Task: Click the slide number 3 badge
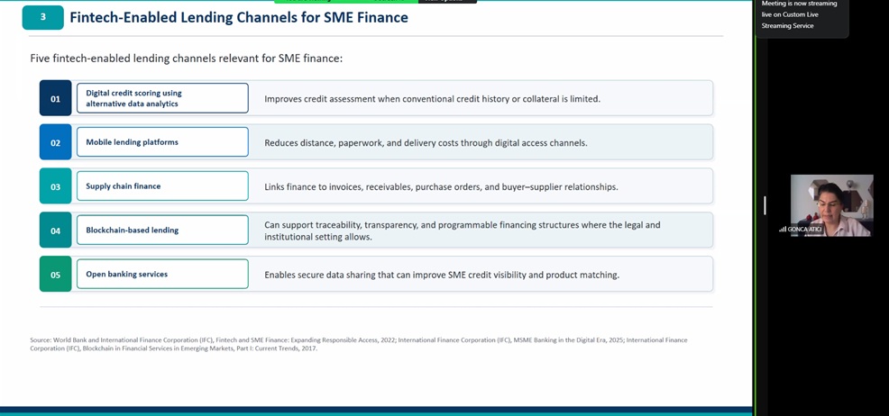coord(43,17)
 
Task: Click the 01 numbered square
coord(56,98)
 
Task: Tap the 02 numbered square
coord(56,142)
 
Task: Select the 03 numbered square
coord(56,186)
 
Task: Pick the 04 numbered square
coord(56,231)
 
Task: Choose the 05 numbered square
coord(56,275)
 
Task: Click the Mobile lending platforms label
coord(133,142)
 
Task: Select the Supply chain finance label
coord(123,186)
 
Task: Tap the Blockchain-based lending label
coord(133,231)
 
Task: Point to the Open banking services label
coord(127,274)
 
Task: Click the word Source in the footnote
coord(41,340)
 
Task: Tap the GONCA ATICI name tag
coord(804,230)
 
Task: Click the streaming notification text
coord(799,14)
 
